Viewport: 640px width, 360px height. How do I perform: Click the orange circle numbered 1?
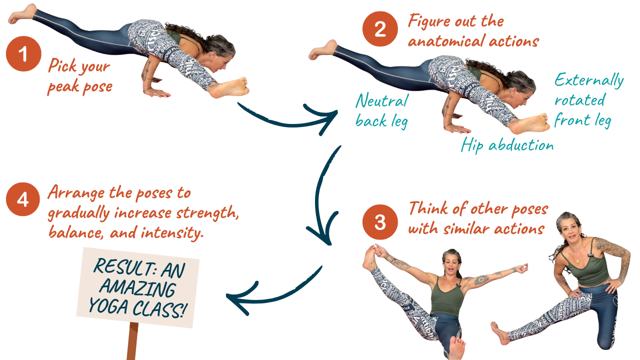pyautogui.click(x=23, y=53)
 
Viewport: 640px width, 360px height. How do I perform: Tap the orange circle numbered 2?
pyautogui.click(x=380, y=29)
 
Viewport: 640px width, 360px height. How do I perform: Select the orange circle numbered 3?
pyautogui.click(x=380, y=222)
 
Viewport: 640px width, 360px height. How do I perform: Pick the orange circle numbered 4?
pyautogui.click(x=23, y=199)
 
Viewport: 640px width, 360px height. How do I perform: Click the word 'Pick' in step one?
pyautogui.click(x=62, y=65)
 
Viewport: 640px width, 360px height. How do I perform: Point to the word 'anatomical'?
pyautogui.click(x=446, y=41)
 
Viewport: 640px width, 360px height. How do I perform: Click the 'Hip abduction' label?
pyautogui.click(x=507, y=145)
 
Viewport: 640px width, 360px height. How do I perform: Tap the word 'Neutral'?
pyautogui.click(x=382, y=100)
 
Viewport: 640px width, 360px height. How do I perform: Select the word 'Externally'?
pyautogui.click(x=589, y=80)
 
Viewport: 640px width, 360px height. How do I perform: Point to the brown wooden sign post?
pyautogui.click(x=132, y=341)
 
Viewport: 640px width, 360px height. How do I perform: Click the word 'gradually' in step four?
pyautogui.click(x=79, y=213)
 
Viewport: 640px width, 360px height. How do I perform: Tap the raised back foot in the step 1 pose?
pyautogui.click(x=22, y=13)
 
